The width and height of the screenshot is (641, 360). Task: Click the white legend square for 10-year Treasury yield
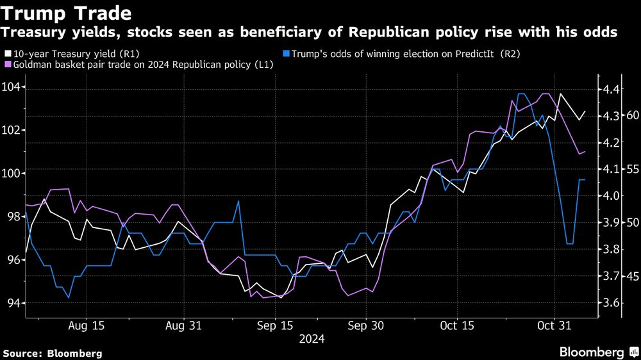[x=7, y=54]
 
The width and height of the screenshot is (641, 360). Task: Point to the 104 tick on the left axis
[x=12, y=87]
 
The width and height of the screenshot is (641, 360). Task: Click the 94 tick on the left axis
[x=12, y=303]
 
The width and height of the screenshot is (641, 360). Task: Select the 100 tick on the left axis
[x=12, y=174]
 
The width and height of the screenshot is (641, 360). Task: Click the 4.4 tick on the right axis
[x=608, y=90]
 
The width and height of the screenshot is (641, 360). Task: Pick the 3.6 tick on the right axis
[x=608, y=303]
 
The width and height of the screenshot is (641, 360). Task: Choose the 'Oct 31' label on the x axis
[x=551, y=325]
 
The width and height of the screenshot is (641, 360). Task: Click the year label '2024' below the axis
[x=312, y=338]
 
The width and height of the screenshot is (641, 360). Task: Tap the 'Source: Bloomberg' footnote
[x=53, y=353]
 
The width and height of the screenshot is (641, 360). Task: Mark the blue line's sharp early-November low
[x=570, y=244]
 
